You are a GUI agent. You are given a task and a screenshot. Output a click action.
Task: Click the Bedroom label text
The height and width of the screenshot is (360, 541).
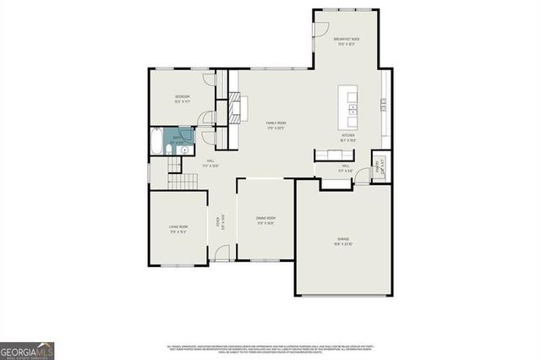point(182,98)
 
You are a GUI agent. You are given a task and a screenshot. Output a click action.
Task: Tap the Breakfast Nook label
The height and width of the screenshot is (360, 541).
point(347,41)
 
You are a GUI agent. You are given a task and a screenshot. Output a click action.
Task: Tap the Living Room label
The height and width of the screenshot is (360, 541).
point(178,228)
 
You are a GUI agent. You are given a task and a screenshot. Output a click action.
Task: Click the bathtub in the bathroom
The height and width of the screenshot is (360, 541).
point(158,141)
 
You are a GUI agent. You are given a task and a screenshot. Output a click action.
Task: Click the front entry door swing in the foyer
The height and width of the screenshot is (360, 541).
point(221,252)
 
